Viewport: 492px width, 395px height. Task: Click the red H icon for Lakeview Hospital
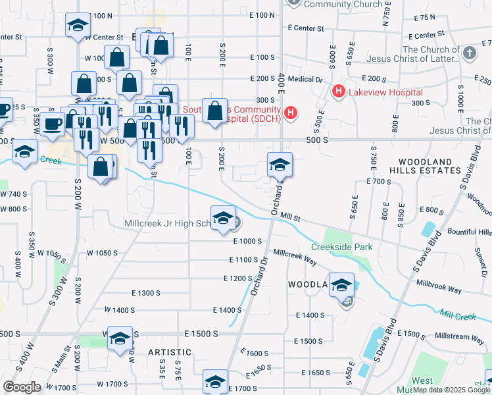click(x=339, y=91)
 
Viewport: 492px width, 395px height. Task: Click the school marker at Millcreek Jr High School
click(x=223, y=218)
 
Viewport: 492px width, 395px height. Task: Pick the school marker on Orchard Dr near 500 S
click(x=280, y=165)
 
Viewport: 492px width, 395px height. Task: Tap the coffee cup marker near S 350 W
click(x=52, y=124)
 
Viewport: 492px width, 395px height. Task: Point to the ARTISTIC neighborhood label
click(x=169, y=353)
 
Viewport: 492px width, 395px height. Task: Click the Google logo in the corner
click(x=22, y=386)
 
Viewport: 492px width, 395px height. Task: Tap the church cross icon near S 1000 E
click(x=468, y=52)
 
